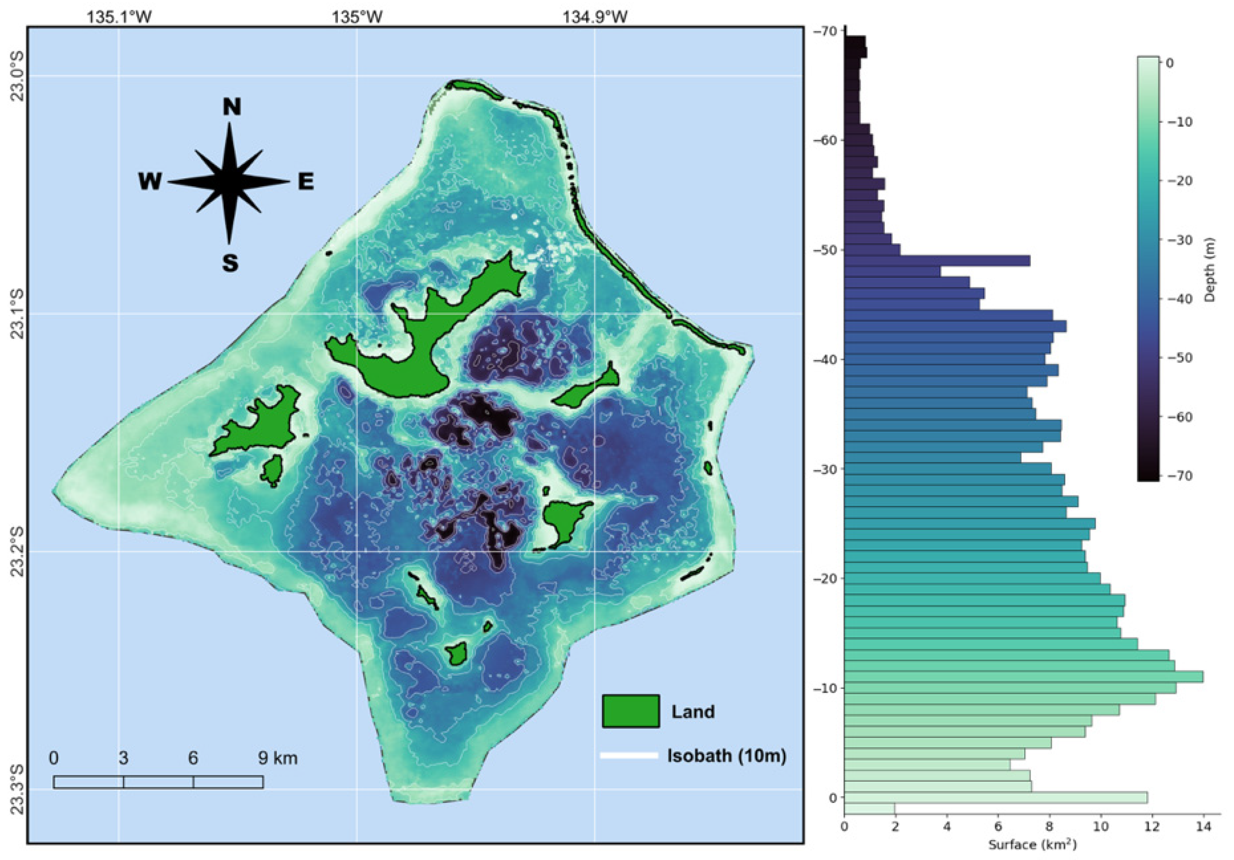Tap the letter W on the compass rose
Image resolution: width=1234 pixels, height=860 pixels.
click(150, 182)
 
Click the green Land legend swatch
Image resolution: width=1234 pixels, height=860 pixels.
click(630, 711)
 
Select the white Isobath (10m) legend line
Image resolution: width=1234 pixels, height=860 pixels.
click(629, 755)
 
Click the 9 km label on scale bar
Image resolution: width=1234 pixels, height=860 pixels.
click(277, 758)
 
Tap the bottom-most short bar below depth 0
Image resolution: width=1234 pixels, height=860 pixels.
click(869, 808)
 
